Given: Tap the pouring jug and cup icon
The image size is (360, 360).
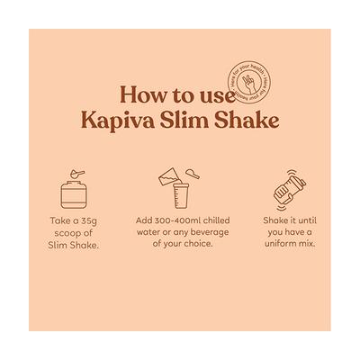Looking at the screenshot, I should (179, 184).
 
